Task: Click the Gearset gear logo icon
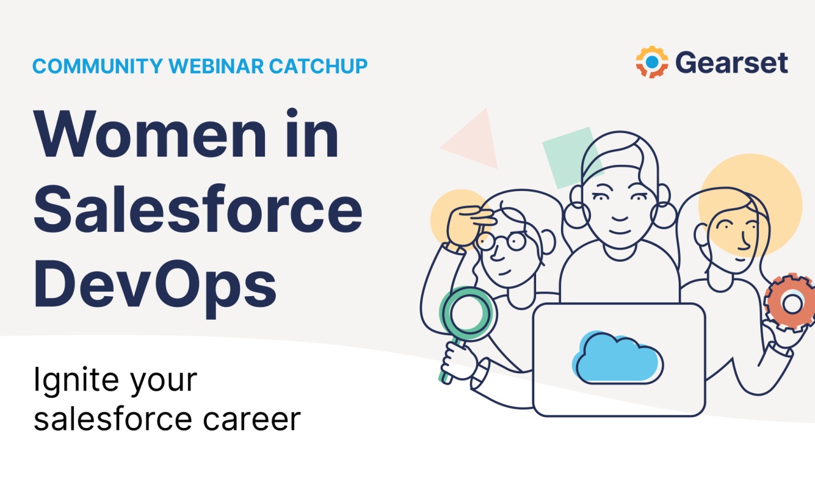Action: [651, 62]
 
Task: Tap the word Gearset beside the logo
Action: [731, 63]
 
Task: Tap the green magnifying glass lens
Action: [464, 315]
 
